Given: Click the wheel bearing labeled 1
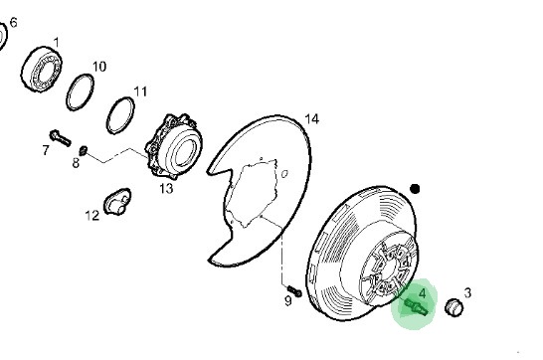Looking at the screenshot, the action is tap(42, 70).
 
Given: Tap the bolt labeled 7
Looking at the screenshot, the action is tap(61, 138).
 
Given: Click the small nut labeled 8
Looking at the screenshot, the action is tap(84, 150).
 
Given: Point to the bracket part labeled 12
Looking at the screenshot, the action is tap(117, 202).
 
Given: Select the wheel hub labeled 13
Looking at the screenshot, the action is tap(174, 146).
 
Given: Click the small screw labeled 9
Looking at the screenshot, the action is tap(294, 291).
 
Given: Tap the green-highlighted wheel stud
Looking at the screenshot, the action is tap(417, 306).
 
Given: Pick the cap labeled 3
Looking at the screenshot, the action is tap(454, 307).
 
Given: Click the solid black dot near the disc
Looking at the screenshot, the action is tap(415, 189).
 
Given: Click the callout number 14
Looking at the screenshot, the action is tap(311, 119).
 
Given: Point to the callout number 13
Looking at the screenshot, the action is tap(166, 189).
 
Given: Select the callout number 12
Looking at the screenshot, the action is tap(92, 216).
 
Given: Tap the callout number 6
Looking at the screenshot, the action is tap(14, 23).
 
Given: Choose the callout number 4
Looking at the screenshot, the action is tap(422, 293).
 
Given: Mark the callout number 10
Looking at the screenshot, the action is tap(99, 67).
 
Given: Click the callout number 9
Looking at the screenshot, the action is tap(288, 301).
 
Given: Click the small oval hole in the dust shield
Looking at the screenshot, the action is tap(284, 174).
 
